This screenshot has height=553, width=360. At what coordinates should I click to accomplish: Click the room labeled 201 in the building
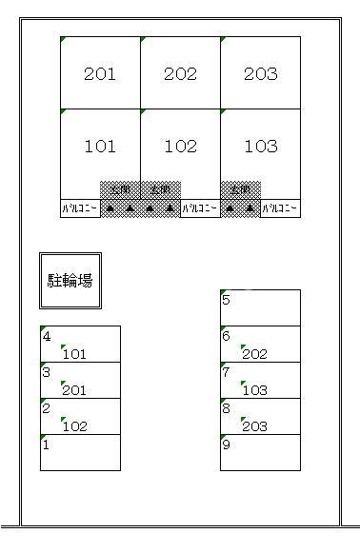100,73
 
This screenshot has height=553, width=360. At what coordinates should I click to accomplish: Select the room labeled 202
180,73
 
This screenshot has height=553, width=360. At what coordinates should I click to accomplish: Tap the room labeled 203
260,73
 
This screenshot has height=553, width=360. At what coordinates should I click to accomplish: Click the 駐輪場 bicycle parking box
70,281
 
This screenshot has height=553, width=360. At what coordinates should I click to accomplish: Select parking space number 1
80,452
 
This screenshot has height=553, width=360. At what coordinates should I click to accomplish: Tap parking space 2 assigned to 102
80,416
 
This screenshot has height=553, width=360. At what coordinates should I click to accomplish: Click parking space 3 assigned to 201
80,380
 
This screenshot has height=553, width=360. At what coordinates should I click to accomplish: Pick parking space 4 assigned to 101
80,344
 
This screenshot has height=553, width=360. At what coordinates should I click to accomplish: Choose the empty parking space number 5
260,307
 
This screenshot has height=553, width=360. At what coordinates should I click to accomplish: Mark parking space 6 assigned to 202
260,344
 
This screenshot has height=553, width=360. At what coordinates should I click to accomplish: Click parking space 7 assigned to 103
260,380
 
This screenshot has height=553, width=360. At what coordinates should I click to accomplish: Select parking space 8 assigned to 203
260,416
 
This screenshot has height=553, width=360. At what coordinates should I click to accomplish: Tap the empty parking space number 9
260,452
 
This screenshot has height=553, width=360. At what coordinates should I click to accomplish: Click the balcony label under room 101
80,207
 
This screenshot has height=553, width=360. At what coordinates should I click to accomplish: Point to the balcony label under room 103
280,207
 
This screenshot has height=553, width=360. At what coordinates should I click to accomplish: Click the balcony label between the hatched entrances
200,207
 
